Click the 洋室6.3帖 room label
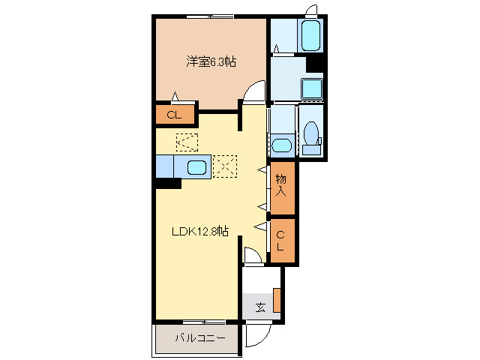coord(211,62)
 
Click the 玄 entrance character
coord(259,307)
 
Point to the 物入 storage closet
coord(281,184)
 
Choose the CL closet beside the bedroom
coord(174,115)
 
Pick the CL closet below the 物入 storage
coord(281,241)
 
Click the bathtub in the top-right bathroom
coord(310,34)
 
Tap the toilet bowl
coord(312,135)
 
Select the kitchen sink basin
coord(197,166)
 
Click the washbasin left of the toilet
coord(282,145)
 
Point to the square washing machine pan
coord(312,88)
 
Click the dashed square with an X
coord(224,166)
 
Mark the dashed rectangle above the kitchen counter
coord(186,140)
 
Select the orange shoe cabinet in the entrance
coord(277,299)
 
